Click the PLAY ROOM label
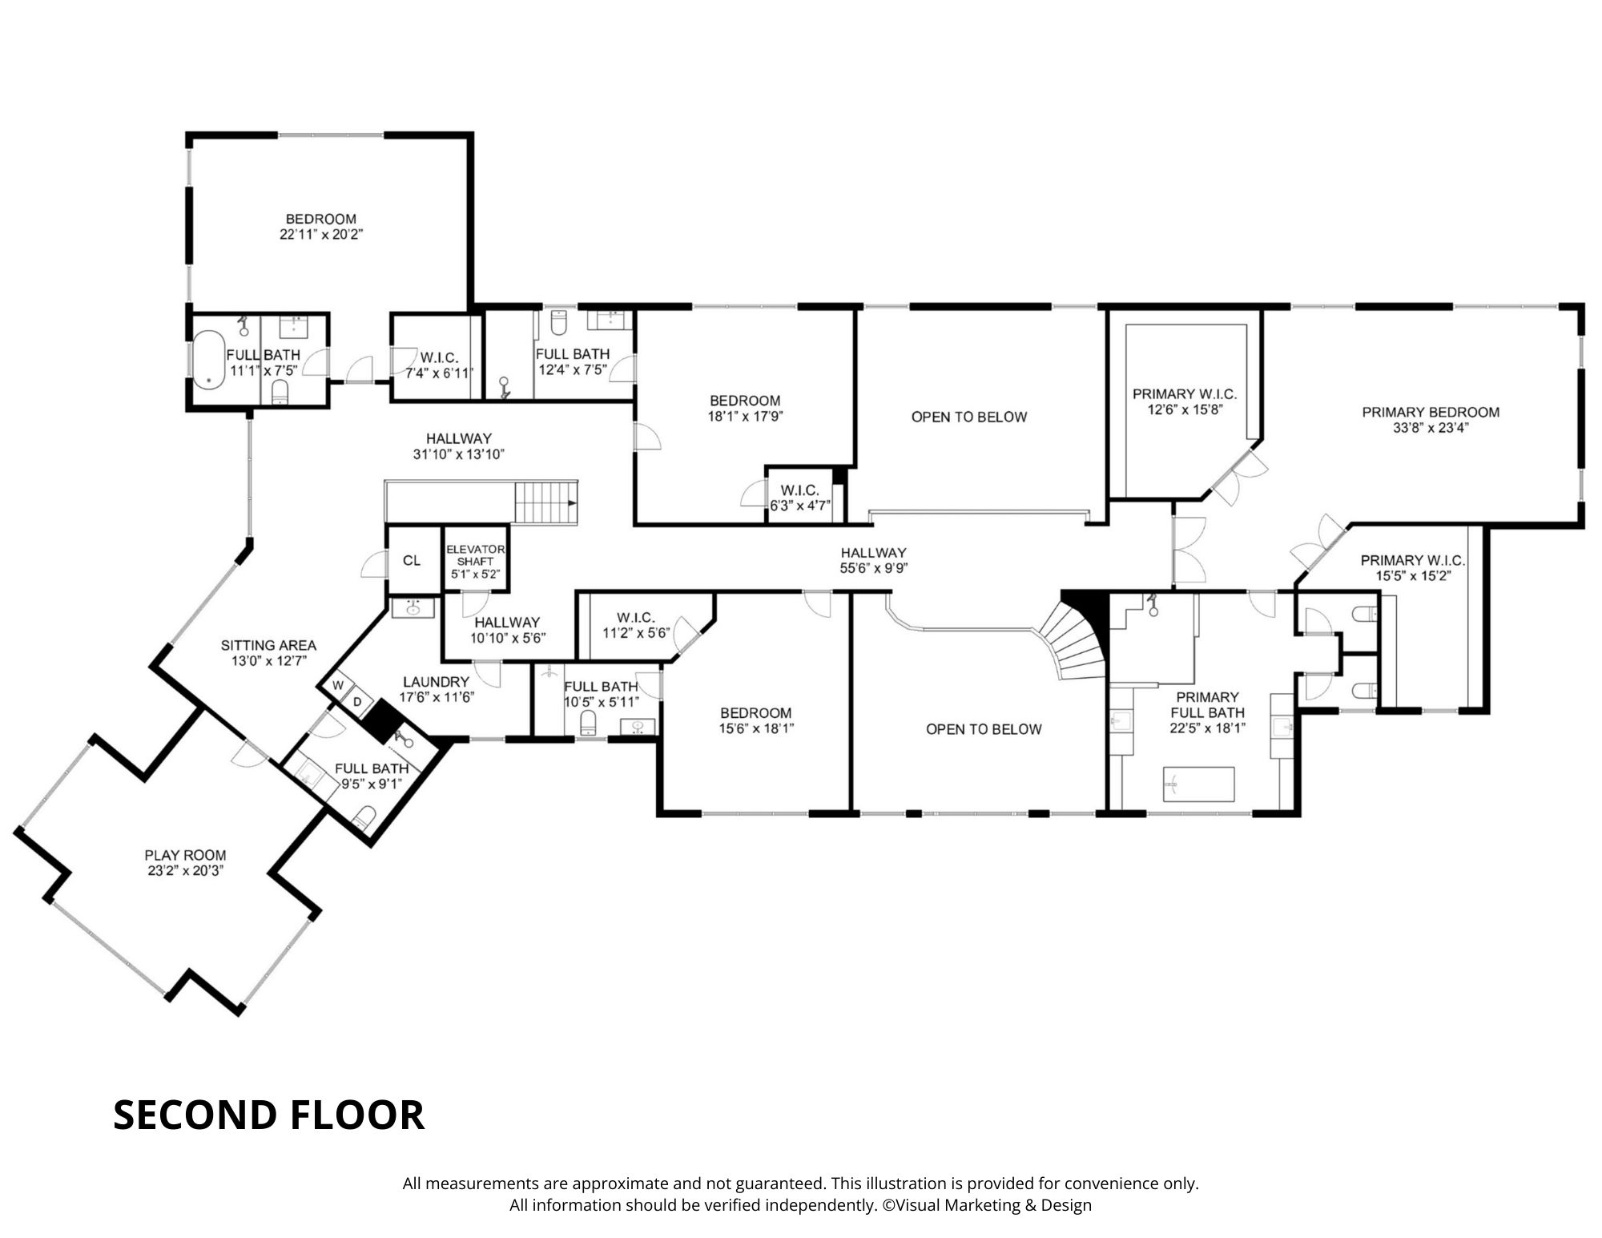point(185,855)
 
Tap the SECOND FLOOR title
point(268,1115)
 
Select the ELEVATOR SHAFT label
point(475,555)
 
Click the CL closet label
point(412,560)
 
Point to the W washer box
point(338,685)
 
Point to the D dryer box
point(357,702)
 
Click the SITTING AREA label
point(268,645)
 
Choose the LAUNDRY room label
point(436,682)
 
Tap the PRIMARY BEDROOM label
point(1431,413)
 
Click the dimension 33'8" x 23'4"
point(1431,428)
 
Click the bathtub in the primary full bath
point(1198,784)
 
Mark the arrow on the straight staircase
point(572,502)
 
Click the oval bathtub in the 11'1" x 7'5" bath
point(210,360)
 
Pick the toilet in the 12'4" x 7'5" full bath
point(559,323)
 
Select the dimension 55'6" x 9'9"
point(873,568)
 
